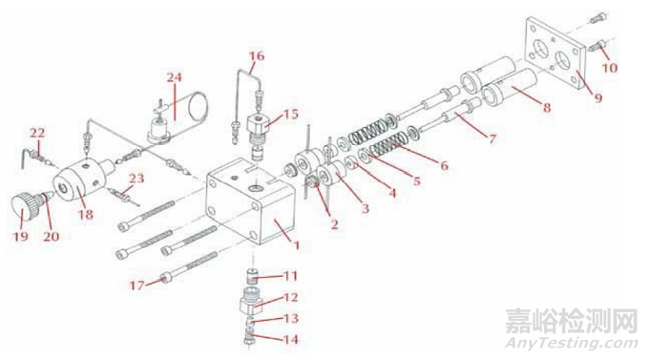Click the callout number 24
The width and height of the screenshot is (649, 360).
point(175,77)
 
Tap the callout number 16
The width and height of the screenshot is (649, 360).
point(257,56)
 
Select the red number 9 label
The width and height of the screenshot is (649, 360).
point(598,98)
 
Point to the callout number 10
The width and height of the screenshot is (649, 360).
point(610,67)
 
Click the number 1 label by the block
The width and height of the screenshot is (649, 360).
point(297,245)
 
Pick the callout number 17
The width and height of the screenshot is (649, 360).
point(137,286)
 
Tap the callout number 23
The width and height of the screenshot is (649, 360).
point(136,179)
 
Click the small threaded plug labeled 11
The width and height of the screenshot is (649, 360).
point(253,275)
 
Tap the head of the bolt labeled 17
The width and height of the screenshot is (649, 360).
point(166,276)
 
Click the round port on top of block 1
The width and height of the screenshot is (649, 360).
point(255,189)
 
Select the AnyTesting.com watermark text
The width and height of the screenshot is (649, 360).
point(572,344)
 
